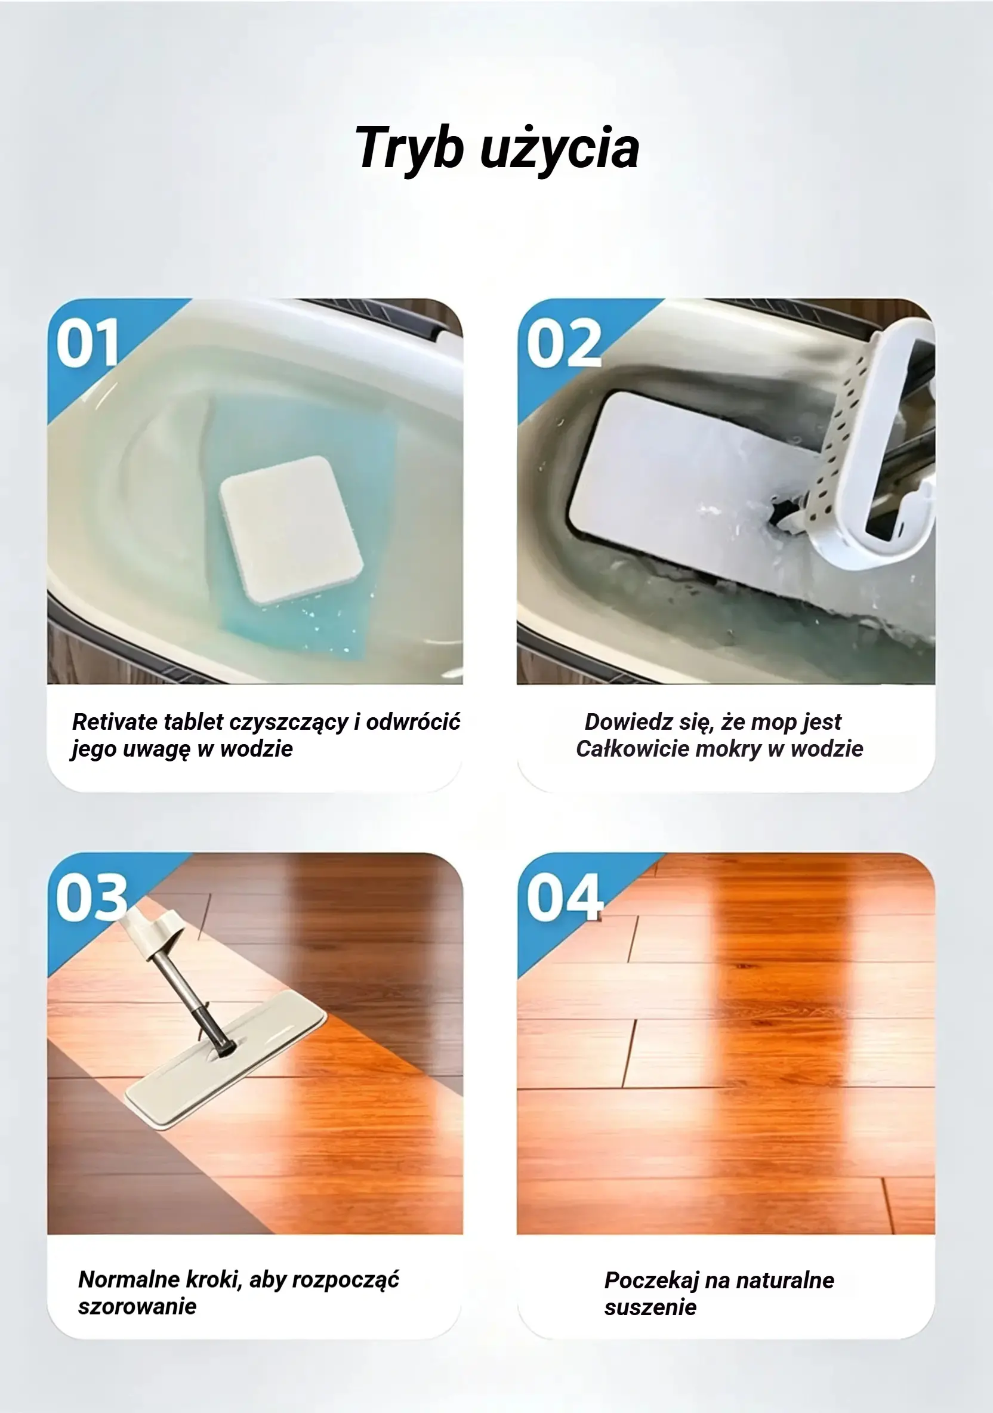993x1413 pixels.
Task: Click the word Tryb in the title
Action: (x=409, y=149)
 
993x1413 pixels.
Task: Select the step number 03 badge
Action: (x=92, y=897)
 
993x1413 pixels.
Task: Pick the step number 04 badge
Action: (x=565, y=897)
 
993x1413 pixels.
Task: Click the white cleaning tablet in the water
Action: (x=291, y=529)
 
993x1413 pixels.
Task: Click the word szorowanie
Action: (x=137, y=1307)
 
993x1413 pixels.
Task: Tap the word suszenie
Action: (x=650, y=1307)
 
